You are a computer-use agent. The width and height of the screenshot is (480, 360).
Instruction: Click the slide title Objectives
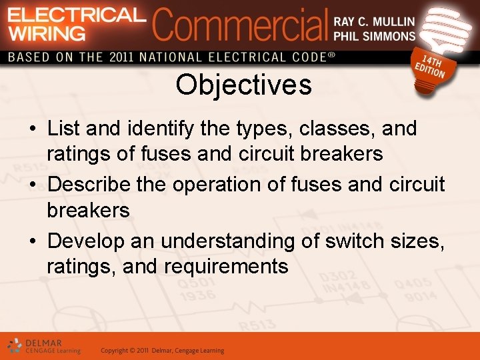point(243,85)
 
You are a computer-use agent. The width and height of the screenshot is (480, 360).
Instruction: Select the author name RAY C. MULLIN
point(374,22)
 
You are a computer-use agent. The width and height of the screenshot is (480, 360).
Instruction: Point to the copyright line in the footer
point(162,351)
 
